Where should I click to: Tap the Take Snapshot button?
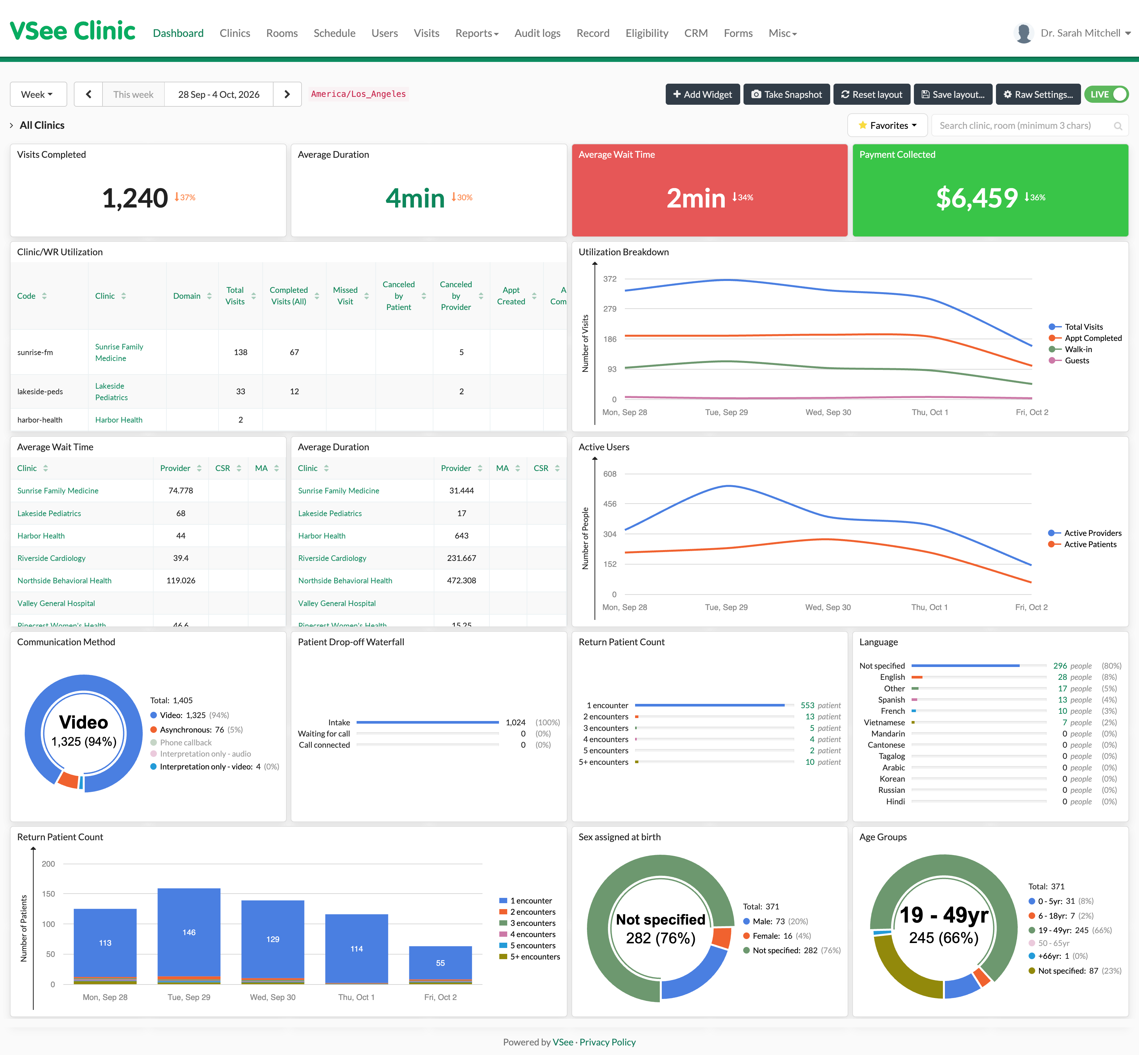point(787,94)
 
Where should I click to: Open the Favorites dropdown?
point(887,125)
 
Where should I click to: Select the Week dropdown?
point(38,94)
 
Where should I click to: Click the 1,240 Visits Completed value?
point(135,198)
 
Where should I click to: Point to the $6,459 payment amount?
point(977,198)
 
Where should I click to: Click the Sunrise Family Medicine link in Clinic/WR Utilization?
point(119,352)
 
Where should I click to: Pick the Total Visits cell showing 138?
point(241,352)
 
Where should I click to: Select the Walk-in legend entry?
point(1078,349)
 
